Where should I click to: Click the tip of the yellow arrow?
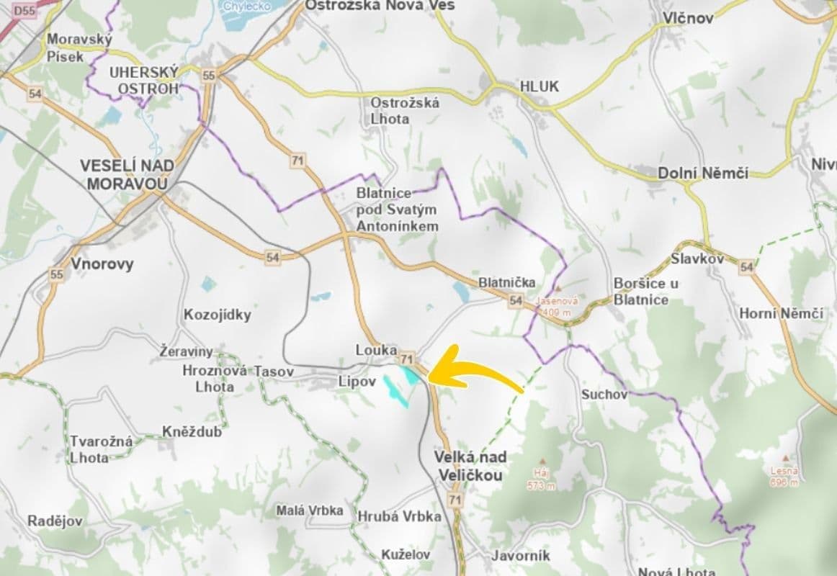coord(430,374)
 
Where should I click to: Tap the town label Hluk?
coord(539,86)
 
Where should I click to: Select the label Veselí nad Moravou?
coord(127,174)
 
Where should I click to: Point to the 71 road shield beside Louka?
coord(408,358)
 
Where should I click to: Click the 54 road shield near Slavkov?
coord(746,267)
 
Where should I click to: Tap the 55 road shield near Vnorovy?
coord(57,274)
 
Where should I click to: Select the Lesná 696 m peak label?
coord(783,477)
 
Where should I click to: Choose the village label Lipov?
coord(357,382)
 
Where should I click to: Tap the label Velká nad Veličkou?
coord(470,466)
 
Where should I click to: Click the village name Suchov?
coord(604,395)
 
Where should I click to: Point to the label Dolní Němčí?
coord(702,174)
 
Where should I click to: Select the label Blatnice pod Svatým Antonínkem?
coord(397,210)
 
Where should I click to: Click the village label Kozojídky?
coord(218,315)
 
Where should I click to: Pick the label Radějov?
coord(55,521)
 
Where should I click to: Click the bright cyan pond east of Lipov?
coord(410,374)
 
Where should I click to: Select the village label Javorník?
coord(520,555)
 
